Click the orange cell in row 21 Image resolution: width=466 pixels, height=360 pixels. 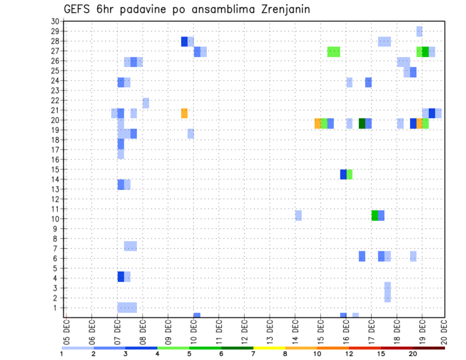(184, 113)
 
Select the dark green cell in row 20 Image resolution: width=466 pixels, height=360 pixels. (362, 123)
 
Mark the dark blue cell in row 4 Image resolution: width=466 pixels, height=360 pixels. (121, 277)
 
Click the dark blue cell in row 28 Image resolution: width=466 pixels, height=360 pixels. (184, 41)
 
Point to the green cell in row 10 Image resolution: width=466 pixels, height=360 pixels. (375, 215)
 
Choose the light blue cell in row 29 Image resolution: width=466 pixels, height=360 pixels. (419, 31)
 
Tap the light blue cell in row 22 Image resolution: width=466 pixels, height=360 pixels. (146, 103)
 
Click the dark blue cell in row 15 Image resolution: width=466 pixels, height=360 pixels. (343, 174)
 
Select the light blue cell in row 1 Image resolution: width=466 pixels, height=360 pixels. (127, 308)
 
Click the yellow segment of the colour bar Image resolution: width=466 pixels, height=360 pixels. (269, 348)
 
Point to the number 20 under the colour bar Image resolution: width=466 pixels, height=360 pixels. (413, 354)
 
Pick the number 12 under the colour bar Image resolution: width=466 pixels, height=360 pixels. (349, 354)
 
